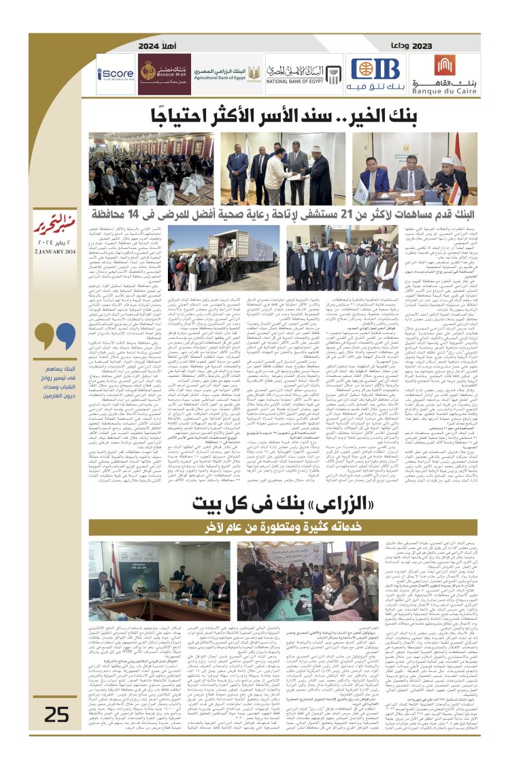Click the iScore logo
(x=115, y=73)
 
